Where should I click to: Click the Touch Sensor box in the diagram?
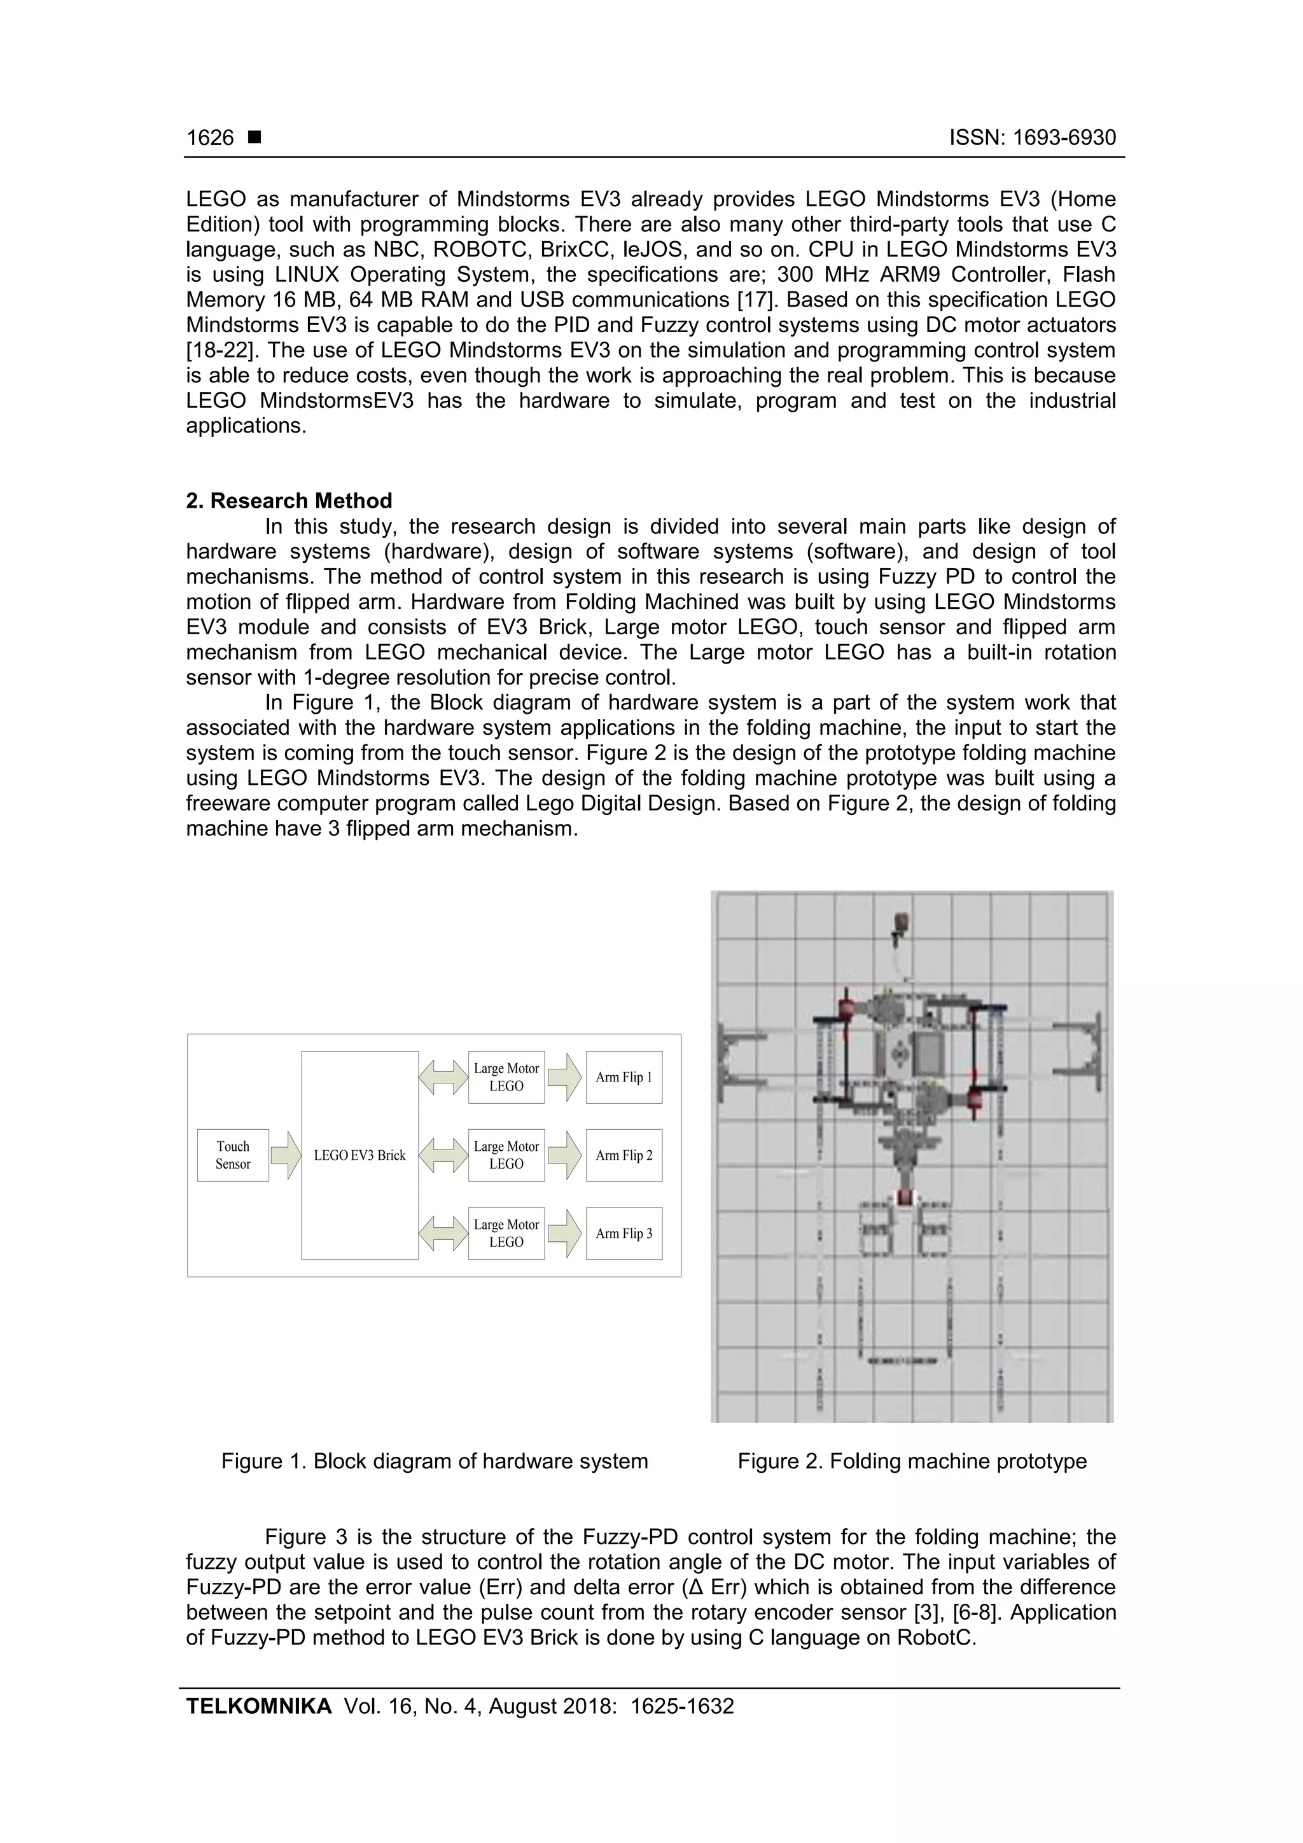pos(233,1155)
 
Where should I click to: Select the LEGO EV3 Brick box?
pos(359,1155)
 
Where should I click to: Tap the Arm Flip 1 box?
pos(624,1077)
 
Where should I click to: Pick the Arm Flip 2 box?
pos(624,1155)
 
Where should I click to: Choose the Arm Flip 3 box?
pos(624,1233)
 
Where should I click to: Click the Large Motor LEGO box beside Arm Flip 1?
pos(506,1077)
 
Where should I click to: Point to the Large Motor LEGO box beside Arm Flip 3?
pos(506,1233)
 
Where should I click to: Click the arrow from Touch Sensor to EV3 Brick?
pos(285,1155)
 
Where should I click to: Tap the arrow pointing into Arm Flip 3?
pos(565,1233)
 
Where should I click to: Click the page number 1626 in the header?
pos(211,138)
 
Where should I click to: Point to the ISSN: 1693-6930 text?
pos(1033,138)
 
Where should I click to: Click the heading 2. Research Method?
pos(289,501)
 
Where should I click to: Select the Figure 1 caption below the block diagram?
pos(435,1461)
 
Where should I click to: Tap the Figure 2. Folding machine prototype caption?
pos(912,1461)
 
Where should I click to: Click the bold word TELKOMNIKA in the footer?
pos(258,1706)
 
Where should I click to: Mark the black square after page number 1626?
pos(254,137)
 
